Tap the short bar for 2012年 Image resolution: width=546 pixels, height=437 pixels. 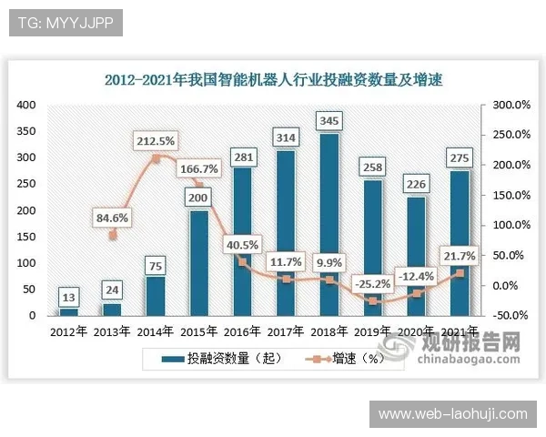point(69,311)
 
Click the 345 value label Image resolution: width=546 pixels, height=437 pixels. point(329,119)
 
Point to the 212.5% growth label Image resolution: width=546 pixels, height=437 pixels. point(157,142)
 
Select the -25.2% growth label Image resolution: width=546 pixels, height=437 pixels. point(373,269)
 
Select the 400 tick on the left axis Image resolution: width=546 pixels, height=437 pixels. point(26,105)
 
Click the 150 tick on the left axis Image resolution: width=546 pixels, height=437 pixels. point(26,237)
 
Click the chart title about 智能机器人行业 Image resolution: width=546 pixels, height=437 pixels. point(278,78)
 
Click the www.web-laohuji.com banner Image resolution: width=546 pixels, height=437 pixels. point(452,414)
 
